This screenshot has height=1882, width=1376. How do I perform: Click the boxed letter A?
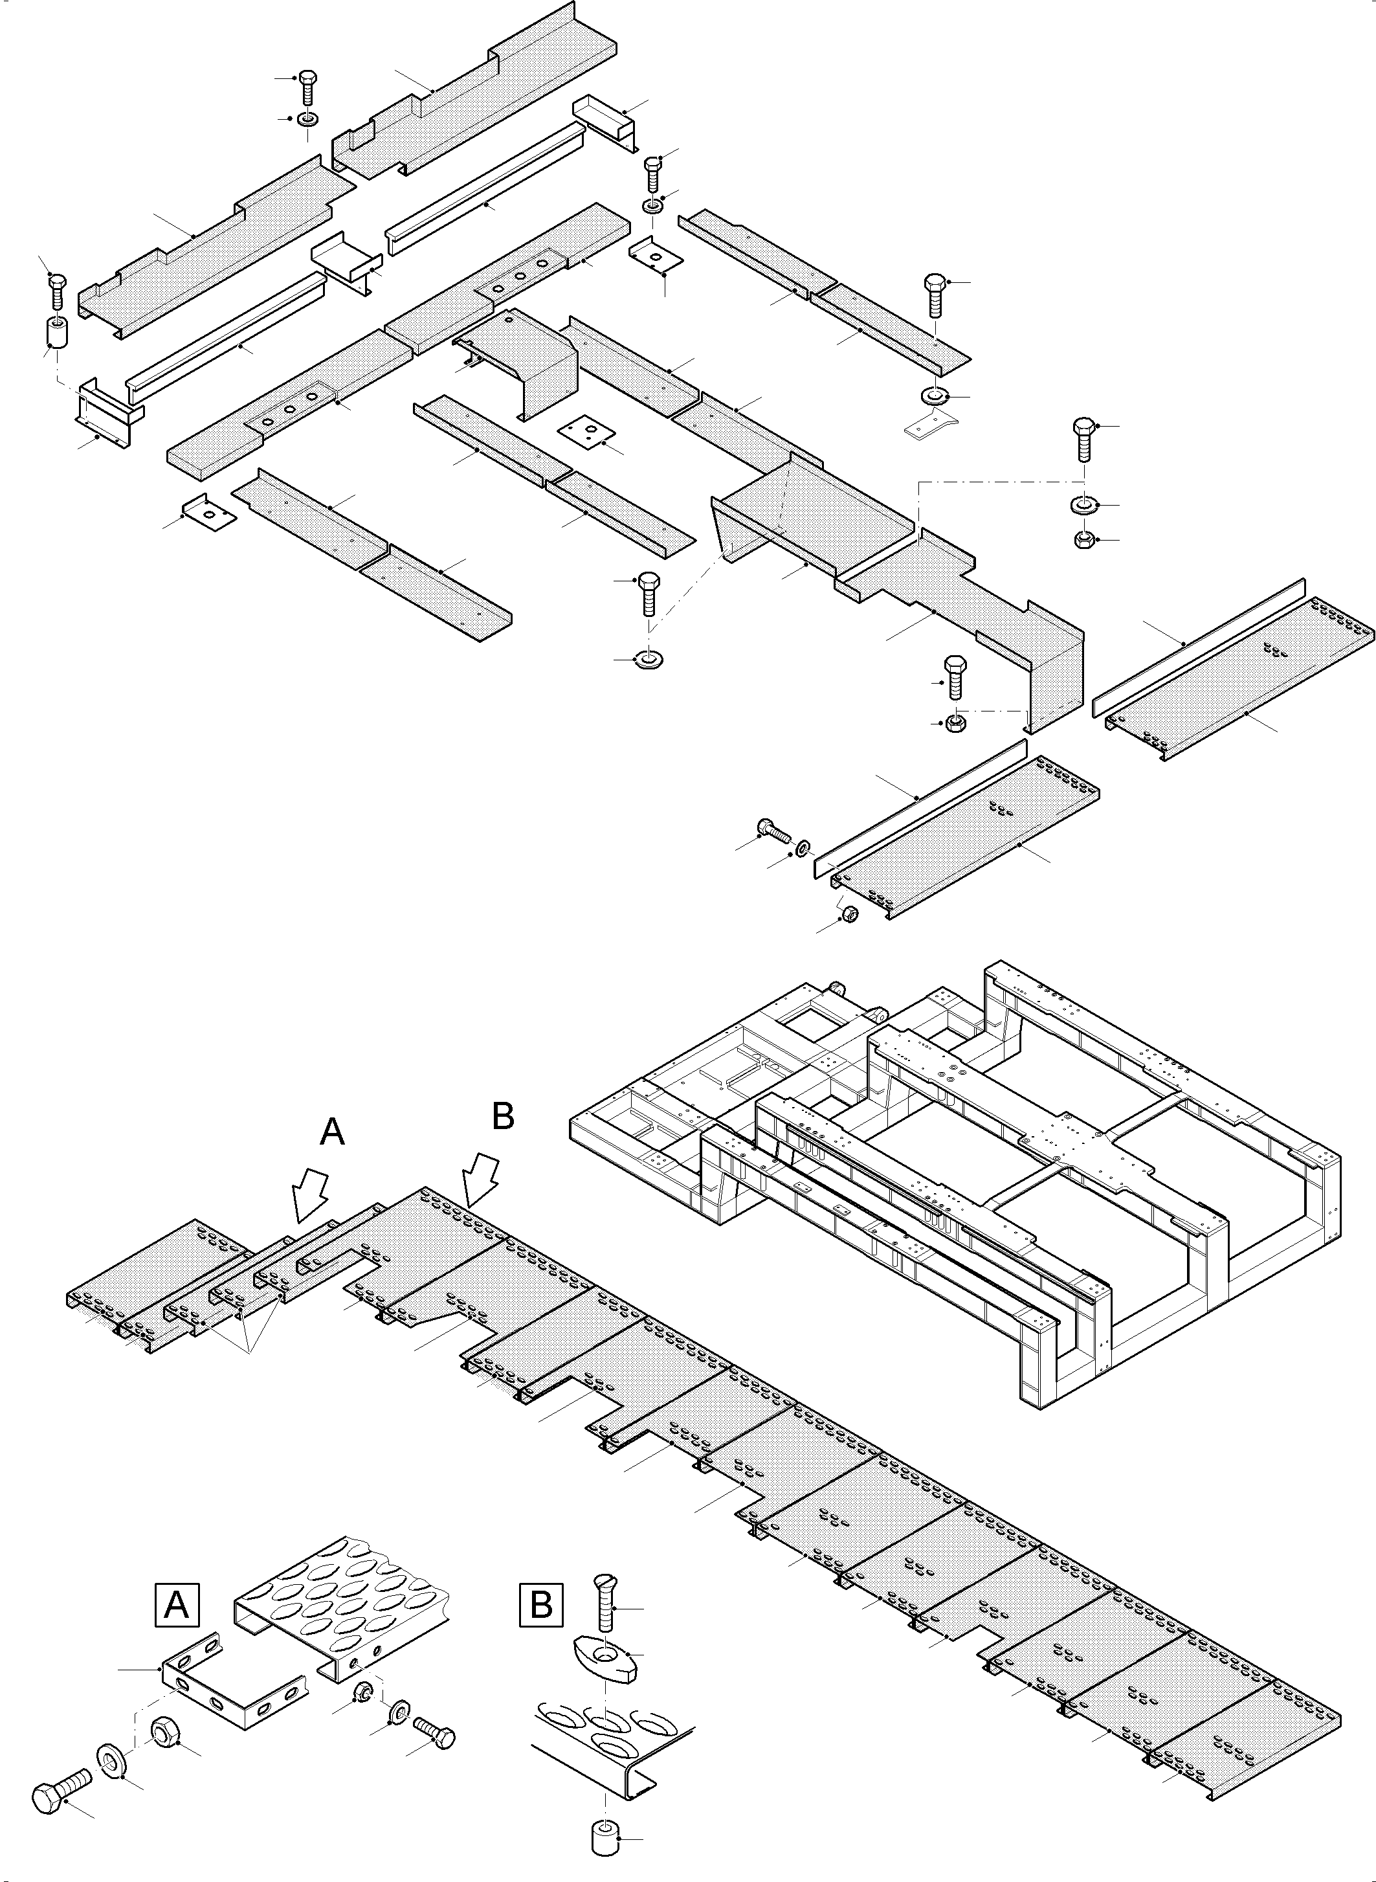pyautogui.click(x=177, y=1604)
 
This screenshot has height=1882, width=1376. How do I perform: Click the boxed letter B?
pyautogui.click(x=540, y=1604)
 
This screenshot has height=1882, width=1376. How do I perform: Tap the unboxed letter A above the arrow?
pyautogui.click(x=332, y=1132)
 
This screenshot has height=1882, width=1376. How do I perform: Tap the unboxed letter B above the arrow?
pyautogui.click(x=503, y=1116)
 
